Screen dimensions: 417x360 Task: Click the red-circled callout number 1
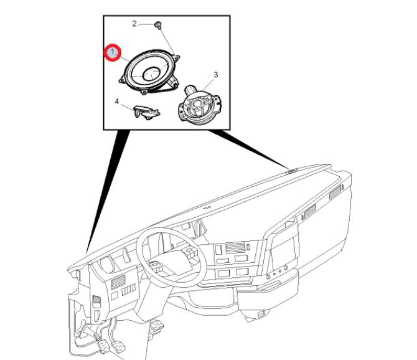point(112,52)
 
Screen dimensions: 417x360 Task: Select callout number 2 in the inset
point(134,24)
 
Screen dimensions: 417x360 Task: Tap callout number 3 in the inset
point(216,75)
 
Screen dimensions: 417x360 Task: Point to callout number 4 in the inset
point(117,102)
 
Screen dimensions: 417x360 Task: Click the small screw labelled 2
point(159,26)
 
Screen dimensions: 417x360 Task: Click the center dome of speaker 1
point(152,73)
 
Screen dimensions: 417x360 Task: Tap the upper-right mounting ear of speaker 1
point(176,57)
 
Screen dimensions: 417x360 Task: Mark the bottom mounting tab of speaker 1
point(144,92)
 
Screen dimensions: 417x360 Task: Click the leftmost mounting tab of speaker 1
point(122,79)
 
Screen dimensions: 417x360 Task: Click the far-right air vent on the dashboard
point(335,192)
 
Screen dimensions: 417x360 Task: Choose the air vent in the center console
point(235,247)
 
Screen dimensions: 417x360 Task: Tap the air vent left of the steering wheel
point(118,282)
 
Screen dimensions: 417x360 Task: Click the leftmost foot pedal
point(103,347)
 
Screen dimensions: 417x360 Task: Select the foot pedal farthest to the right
point(157,325)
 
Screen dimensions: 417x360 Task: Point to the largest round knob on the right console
point(286,268)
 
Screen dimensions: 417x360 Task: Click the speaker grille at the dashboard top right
point(291,171)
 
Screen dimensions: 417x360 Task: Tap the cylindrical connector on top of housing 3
point(190,90)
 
